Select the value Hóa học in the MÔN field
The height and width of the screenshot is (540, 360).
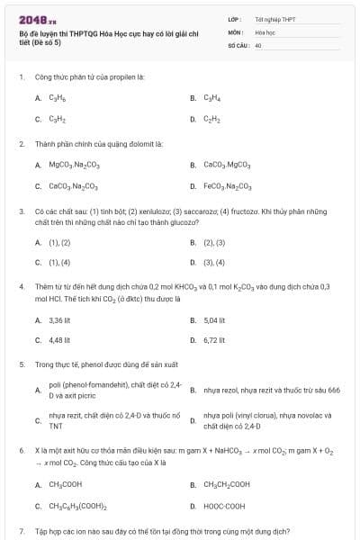click(x=264, y=31)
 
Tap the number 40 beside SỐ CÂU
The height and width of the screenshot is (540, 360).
click(x=258, y=44)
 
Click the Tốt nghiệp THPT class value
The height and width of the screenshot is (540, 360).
click(x=274, y=18)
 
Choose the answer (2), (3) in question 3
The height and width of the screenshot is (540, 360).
click(x=214, y=242)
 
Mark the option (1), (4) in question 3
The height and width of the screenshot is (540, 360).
click(x=59, y=263)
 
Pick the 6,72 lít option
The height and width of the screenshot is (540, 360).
click(x=214, y=340)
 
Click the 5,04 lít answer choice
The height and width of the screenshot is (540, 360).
click(x=214, y=319)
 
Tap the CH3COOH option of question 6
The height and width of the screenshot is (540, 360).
click(x=66, y=484)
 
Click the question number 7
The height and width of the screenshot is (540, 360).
click(x=21, y=531)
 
